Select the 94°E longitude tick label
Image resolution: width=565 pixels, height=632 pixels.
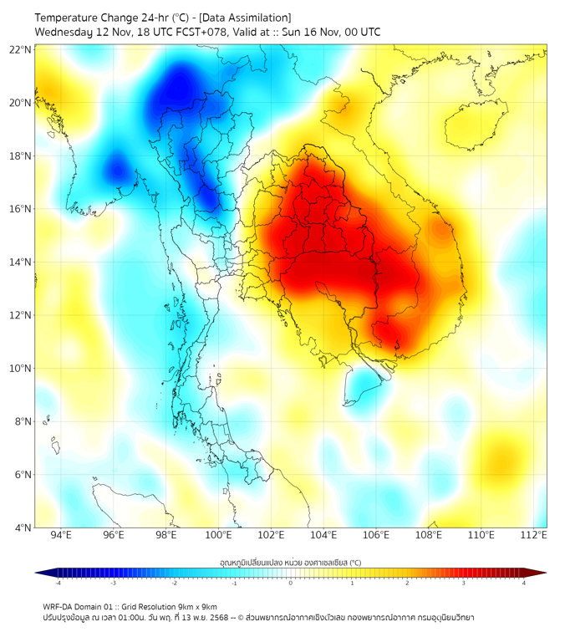[61, 535]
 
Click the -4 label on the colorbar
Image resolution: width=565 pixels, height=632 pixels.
[58, 584]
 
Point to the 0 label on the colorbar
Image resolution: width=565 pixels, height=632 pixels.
[291, 584]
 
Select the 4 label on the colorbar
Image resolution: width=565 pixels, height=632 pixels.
[524, 584]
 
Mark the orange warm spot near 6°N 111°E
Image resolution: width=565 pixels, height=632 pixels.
[504, 459]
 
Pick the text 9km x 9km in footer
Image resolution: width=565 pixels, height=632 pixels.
[195, 606]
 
